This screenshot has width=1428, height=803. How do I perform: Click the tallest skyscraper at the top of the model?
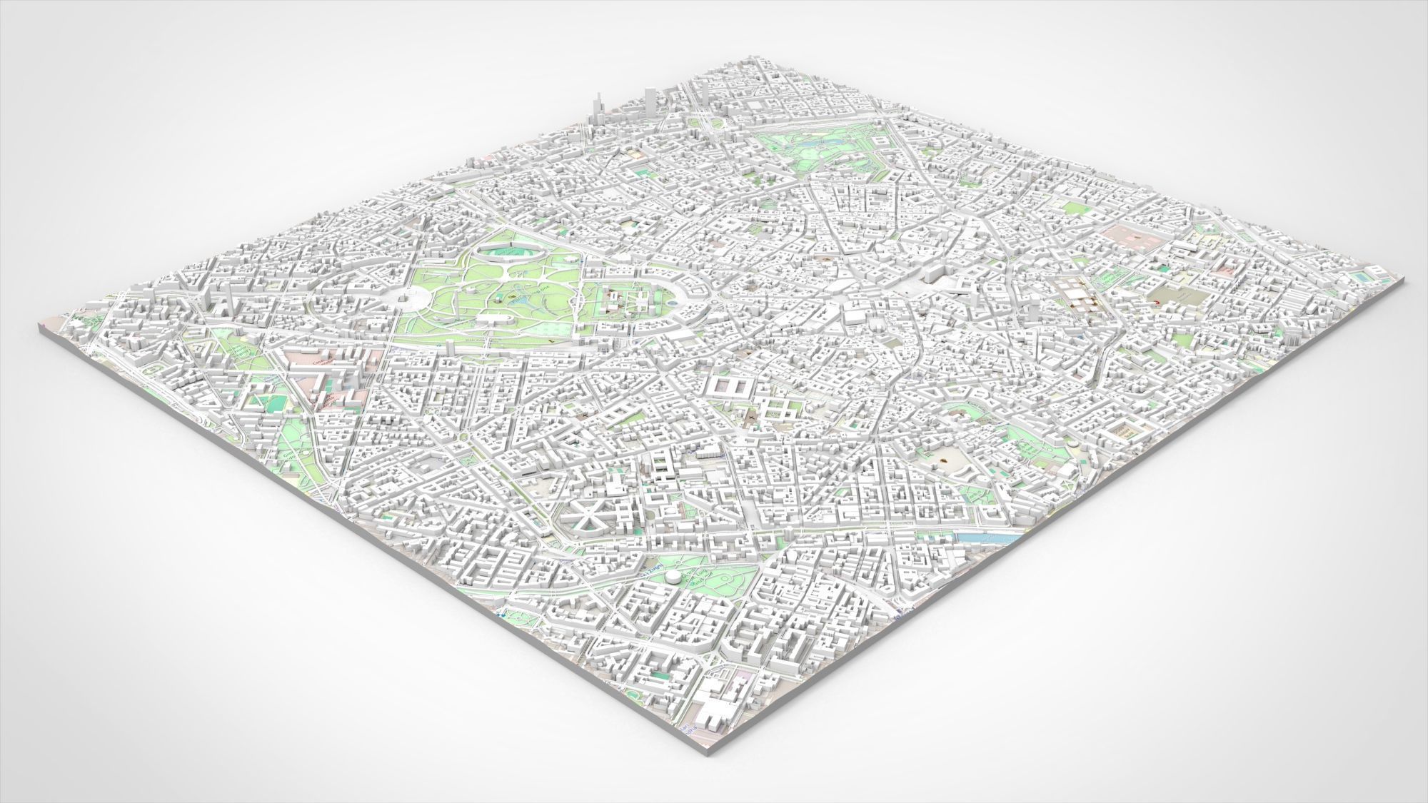(650, 99)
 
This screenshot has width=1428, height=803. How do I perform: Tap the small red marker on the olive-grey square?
(1155, 303)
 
